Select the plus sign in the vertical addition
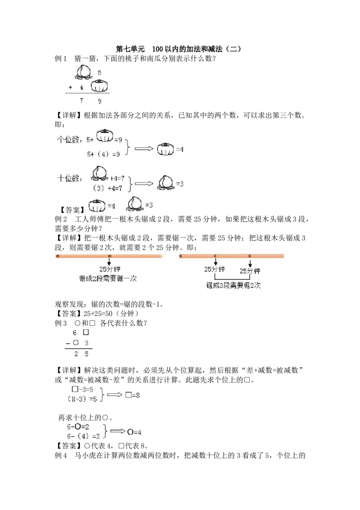[71, 88]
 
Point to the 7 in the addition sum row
[81, 101]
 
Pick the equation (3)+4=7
[108, 188]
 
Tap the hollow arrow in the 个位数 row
[144, 149]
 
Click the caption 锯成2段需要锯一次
[108, 279]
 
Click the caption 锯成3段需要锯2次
[234, 285]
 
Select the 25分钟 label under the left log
[109, 270]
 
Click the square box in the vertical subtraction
[86, 332]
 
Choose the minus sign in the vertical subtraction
[67, 344]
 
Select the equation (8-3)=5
[83, 399]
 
